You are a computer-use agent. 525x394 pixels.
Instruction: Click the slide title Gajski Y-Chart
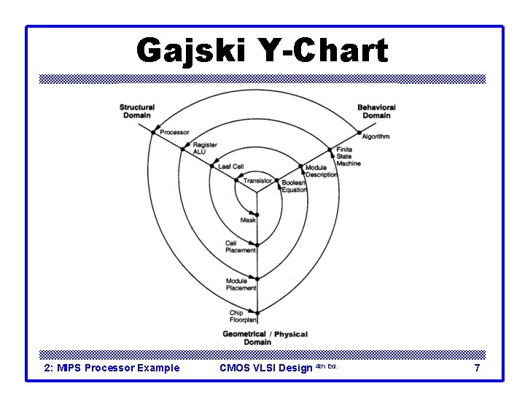(x=262, y=51)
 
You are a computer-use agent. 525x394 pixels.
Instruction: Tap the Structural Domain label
(x=137, y=112)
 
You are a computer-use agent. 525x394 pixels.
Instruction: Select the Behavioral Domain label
(x=376, y=112)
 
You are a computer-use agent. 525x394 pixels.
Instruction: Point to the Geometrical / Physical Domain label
(x=265, y=338)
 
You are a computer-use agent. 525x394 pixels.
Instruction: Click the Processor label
(x=175, y=133)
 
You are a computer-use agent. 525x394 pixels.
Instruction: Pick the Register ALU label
(x=205, y=148)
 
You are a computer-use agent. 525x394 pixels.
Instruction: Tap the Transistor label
(x=257, y=181)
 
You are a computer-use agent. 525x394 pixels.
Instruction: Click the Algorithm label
(x=376, y=136)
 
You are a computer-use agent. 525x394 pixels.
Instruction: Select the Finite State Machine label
(x=348, y=157)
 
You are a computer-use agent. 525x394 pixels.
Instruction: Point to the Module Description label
(x=322, y=171)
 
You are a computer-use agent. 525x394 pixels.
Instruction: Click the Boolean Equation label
(x=295, y=186)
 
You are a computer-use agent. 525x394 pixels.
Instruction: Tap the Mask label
(x=248, y=220)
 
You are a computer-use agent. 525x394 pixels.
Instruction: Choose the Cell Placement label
(x=241, y=247)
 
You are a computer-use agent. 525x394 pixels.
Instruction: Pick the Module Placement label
(x=241, y=284)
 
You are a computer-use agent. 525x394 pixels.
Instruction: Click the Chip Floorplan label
(x=241, y=316)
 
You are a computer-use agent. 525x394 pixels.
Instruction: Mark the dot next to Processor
(x=153, y=132)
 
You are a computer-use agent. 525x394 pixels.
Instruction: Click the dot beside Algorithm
(x=359, y=133)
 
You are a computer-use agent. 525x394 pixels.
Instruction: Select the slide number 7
(x=477, y=368)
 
